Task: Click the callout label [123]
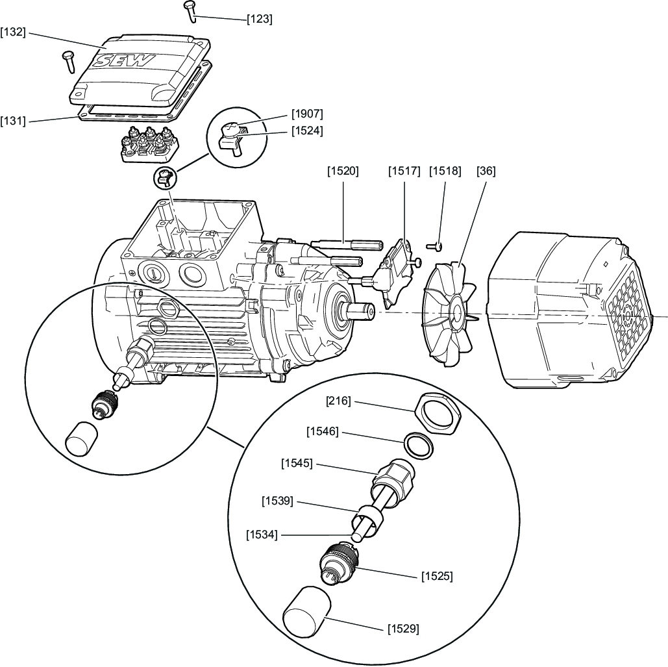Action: point(260,19)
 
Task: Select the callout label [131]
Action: point(13,121)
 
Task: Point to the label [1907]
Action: point(307,114)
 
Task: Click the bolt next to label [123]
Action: point(190,12)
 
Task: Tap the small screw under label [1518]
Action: point(434,246)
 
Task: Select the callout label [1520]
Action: point(343,171)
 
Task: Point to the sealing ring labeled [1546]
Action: point(419,446)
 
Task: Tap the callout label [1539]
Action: point(277,501)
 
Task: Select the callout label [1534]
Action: point(262,534)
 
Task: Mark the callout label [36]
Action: point(486,171)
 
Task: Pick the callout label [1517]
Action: point(404,171)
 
